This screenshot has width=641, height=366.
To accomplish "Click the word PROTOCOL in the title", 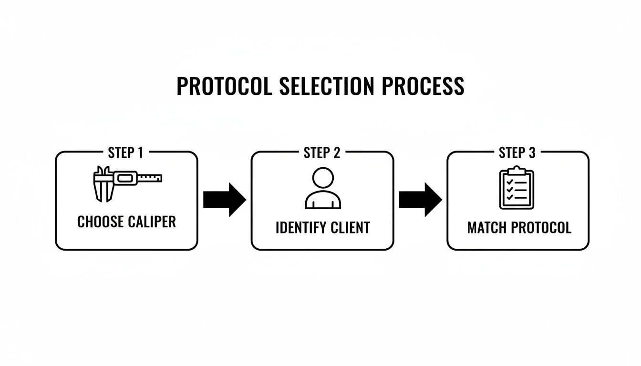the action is pos(224,86).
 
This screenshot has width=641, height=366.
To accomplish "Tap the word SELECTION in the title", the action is pos(327,86).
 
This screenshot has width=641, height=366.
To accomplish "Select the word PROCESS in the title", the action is pos(423,86).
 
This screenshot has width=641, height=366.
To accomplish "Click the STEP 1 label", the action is pos(125,152).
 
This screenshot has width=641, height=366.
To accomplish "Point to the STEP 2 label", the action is pos(322,152).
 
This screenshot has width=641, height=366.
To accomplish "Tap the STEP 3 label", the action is pos(517,152).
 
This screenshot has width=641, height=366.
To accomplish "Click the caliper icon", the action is pos(128,184).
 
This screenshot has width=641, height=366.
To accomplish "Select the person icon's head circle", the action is pos(323,178).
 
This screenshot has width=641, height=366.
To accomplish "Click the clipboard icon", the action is pos(517,188).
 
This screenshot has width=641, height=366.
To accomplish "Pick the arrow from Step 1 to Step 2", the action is pos(225,200).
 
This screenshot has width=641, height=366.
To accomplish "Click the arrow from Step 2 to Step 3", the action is pos(420,200).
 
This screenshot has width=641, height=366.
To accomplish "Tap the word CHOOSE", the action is pos(101,222).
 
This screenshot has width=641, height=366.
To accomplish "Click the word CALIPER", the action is pos(152,222).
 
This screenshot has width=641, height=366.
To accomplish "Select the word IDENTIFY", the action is pos(301,228).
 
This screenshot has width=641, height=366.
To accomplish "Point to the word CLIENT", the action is pos(350,228).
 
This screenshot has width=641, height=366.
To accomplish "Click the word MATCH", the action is pos(487,228).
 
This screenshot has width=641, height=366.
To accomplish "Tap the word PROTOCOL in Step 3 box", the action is pos(541,228).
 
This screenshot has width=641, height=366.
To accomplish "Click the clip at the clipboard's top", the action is pos(517,171).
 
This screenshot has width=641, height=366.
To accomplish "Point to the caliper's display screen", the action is pos(125,178).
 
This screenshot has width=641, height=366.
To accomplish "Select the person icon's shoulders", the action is pos(323,200).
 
